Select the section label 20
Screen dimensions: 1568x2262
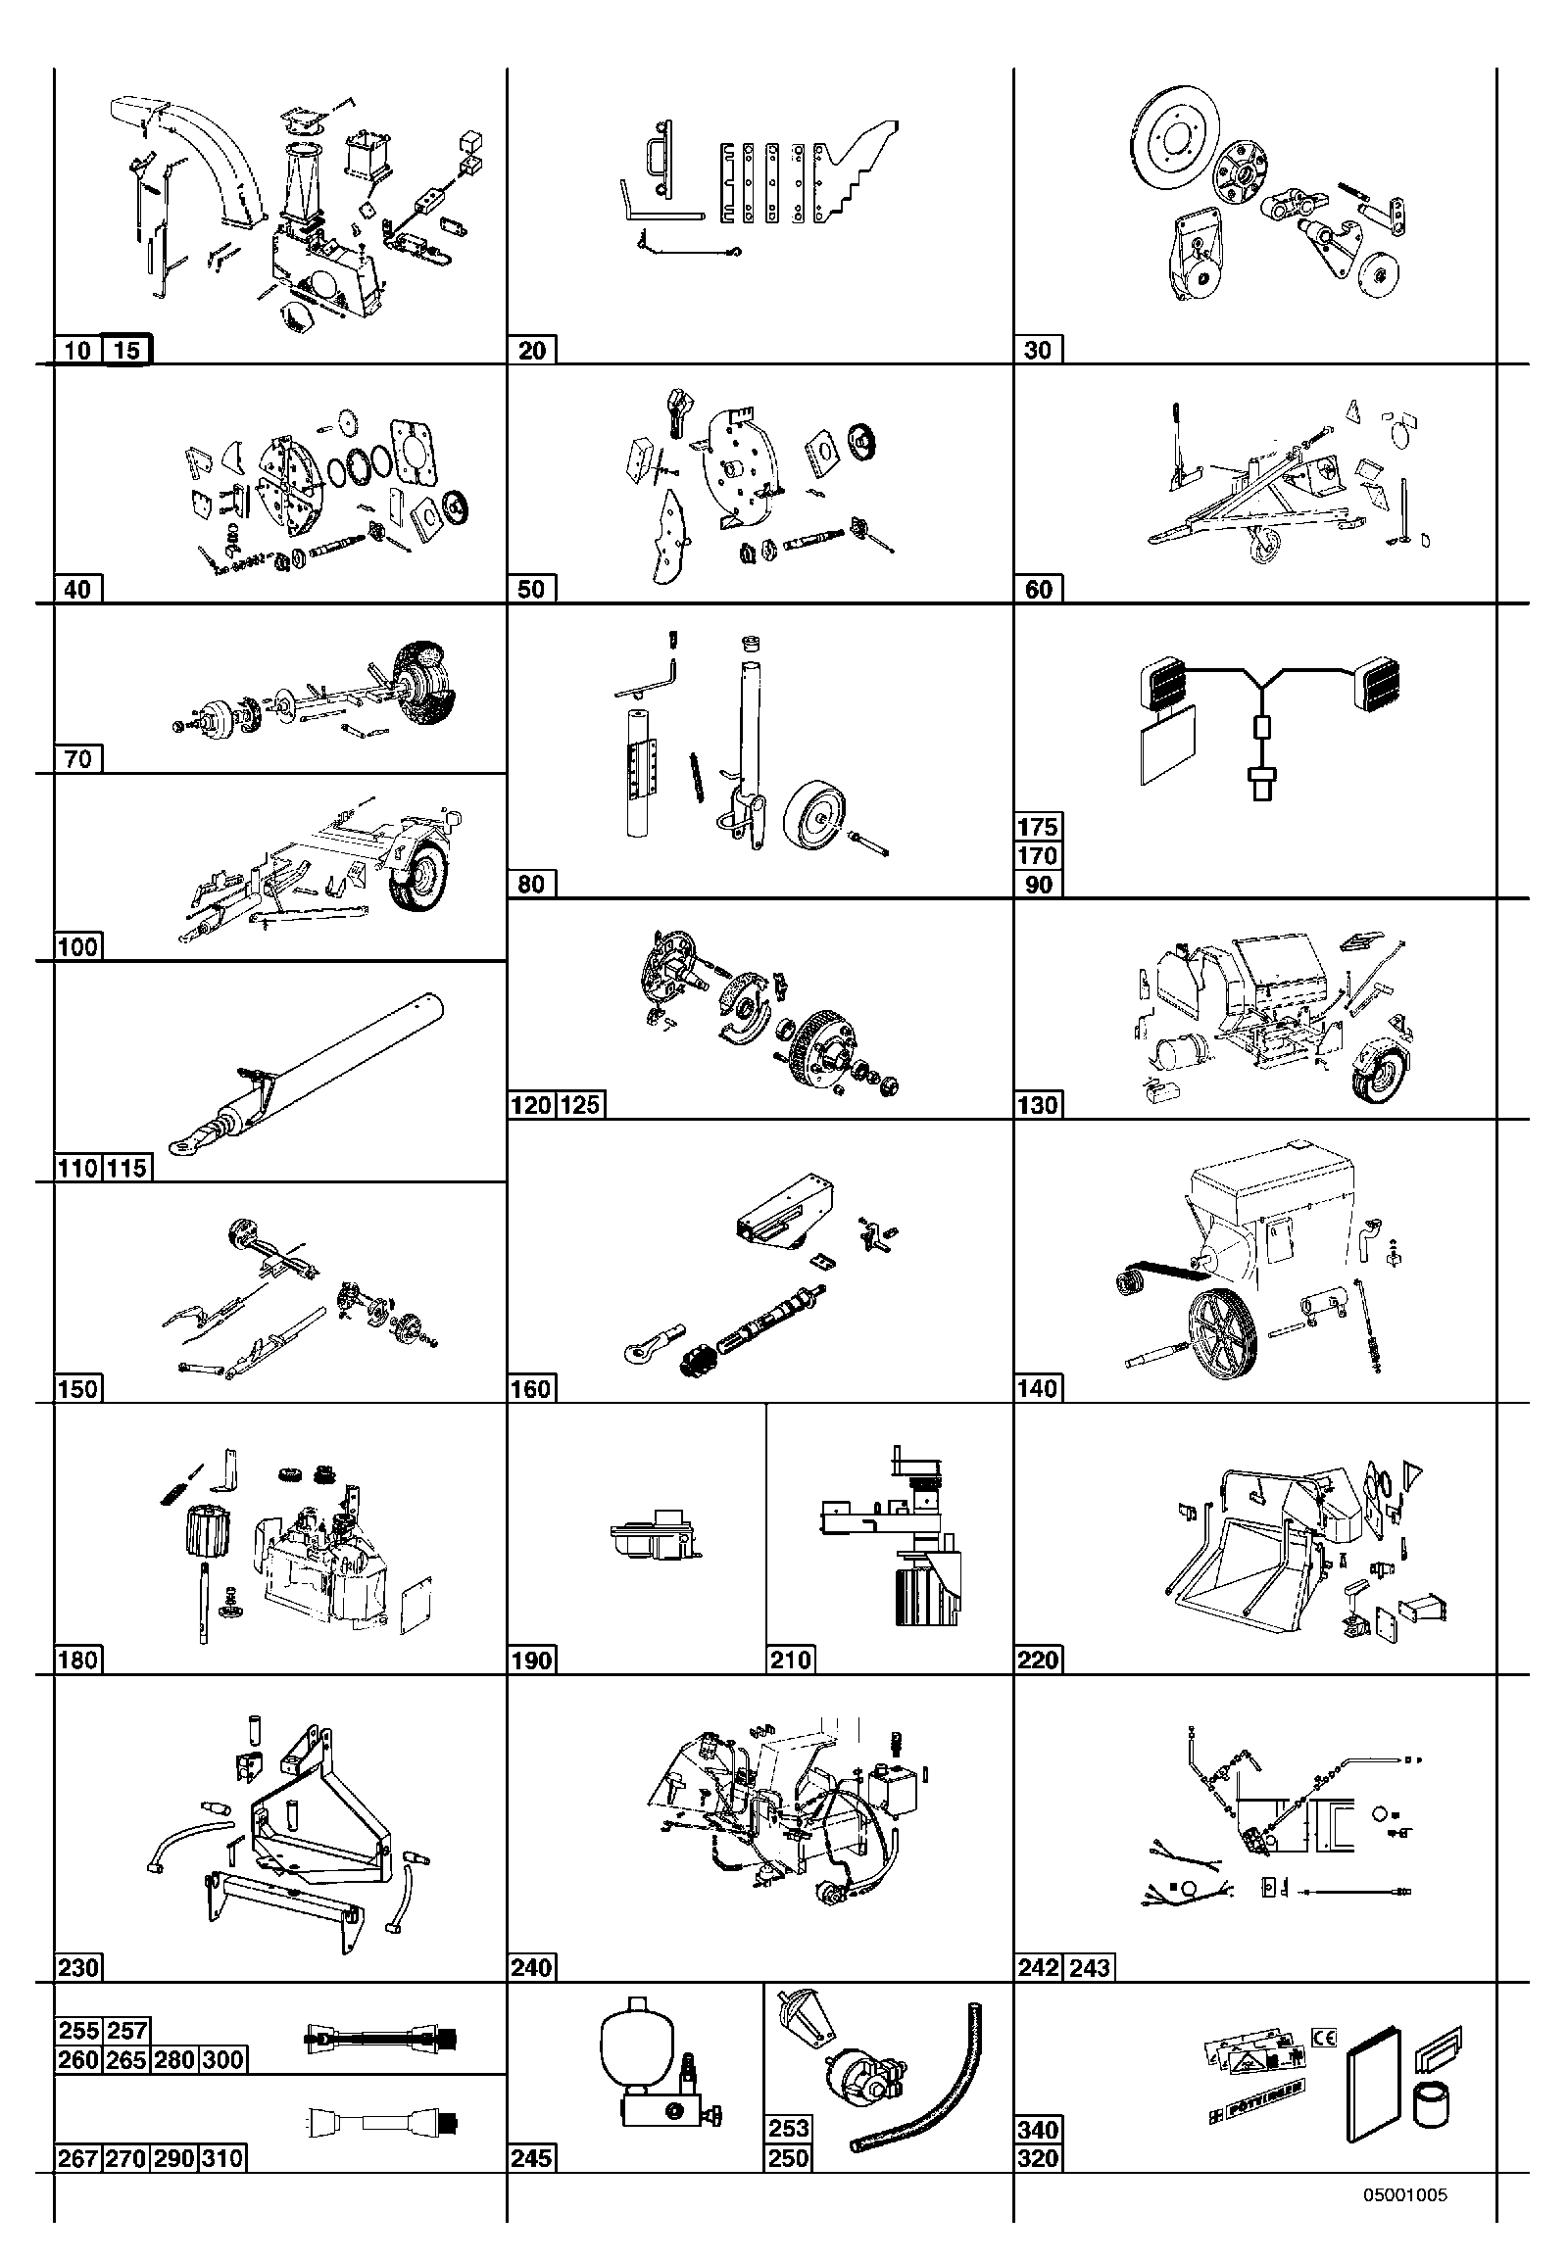pyautogui.click(x=531, y=350)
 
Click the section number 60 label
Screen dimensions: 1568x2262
pyautogui.click(x=1039, y=590)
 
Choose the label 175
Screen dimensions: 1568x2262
pyautogui.click(x=1039, y=826)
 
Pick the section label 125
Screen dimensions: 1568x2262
pyautogui.click(x=580, y=1105)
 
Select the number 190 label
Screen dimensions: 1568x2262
pyautogui.click(x=531, y=1660)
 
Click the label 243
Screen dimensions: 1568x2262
pyautogui.click(x=1090, y=1967)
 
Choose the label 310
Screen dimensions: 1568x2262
pyautogui.click(x=223, y=2158)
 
